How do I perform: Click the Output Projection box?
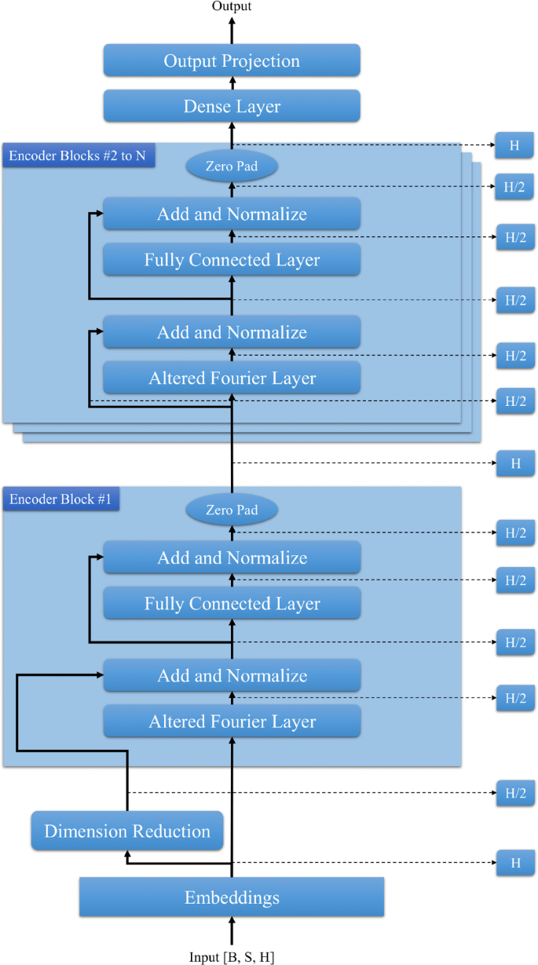232,60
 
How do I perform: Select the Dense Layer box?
232,106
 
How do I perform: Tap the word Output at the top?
232,6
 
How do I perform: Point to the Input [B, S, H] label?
232,956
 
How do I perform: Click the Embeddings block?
232,897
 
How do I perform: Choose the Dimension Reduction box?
127,831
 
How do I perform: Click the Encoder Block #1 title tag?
61,499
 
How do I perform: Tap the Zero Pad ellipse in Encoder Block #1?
232,510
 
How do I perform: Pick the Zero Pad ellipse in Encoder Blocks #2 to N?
232,166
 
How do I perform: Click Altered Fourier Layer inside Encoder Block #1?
232,721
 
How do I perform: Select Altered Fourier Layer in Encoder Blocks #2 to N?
232,378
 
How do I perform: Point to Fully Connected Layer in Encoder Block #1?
232,603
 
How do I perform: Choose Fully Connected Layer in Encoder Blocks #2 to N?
232,259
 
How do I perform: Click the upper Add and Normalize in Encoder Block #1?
232,558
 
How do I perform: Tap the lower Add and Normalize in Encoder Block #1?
232,675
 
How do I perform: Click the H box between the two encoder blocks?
515,463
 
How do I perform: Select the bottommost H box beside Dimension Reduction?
515,863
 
